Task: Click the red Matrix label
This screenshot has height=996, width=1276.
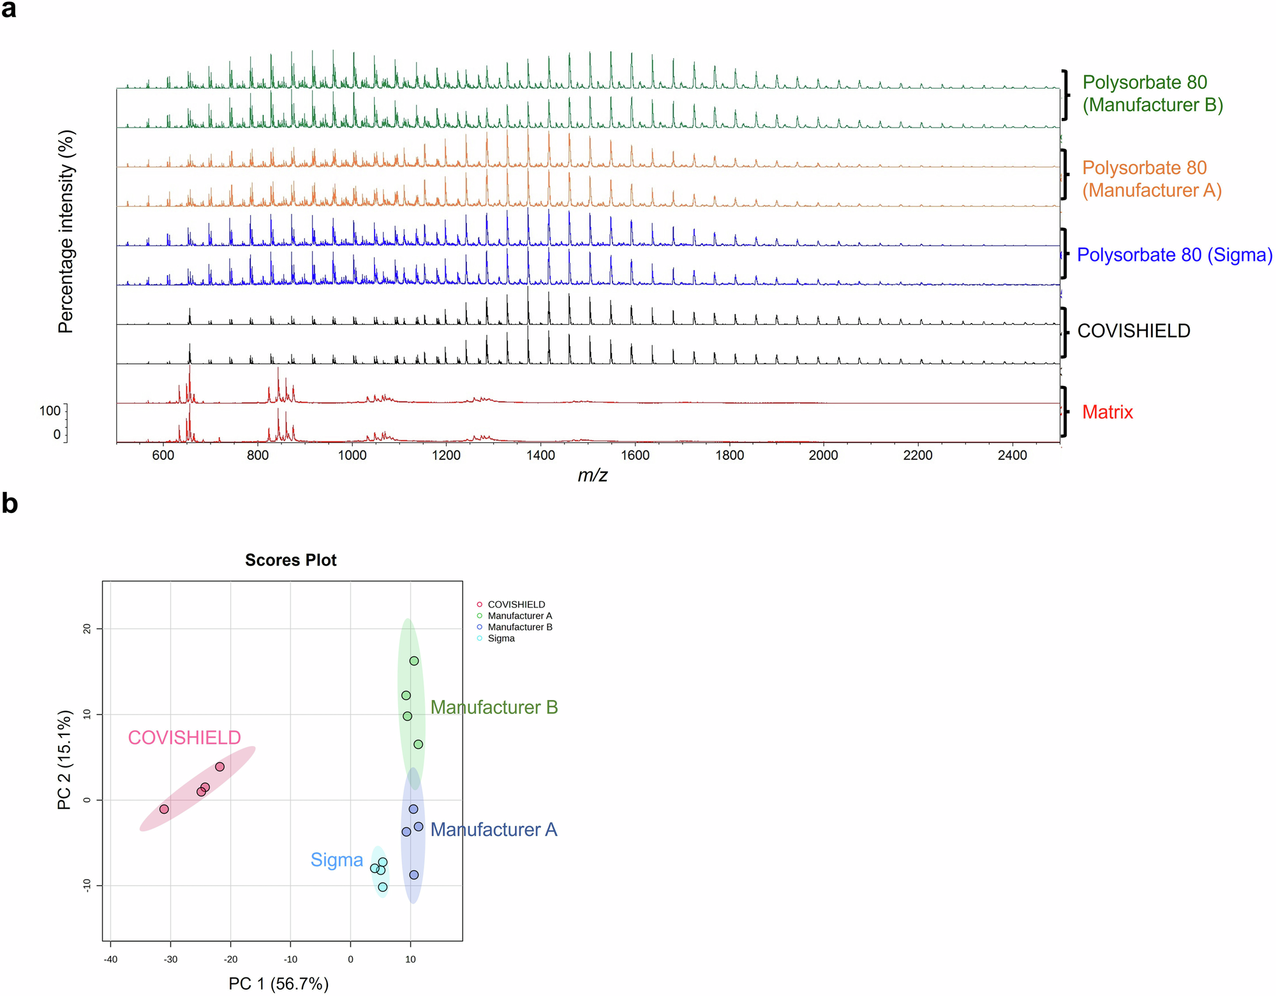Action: click(1107, 412)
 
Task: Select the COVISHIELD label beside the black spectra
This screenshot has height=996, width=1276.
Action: click(1133, 331)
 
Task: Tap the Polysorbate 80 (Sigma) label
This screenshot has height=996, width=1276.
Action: click(1174, 255)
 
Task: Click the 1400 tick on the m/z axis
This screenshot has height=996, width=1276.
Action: click(540, 456)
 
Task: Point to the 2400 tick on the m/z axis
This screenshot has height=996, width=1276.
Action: click(1012, 456)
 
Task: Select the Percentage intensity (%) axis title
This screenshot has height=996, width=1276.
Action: click(66, 232)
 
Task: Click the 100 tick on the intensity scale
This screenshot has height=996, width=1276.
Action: click(50, 411)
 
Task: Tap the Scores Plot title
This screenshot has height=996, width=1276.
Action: click(290, 560)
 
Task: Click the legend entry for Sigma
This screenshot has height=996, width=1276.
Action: click(501, 639)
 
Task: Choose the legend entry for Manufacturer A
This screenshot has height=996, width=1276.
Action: click(519, 616)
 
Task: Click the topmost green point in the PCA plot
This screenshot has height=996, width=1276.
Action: click(414, 661)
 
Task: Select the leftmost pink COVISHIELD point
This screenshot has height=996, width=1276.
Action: click(164, 809)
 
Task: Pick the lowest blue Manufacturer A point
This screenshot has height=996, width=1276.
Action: click(414, 875)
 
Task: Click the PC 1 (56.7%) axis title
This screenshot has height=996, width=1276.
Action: click(279, 984)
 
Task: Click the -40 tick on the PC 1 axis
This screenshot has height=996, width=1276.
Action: click(110, 959)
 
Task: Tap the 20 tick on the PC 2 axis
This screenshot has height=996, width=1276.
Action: click(87, 628)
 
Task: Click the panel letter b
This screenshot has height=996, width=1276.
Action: click(10, 504)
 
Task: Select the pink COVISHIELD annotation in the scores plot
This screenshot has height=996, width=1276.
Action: click(184, 738)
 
